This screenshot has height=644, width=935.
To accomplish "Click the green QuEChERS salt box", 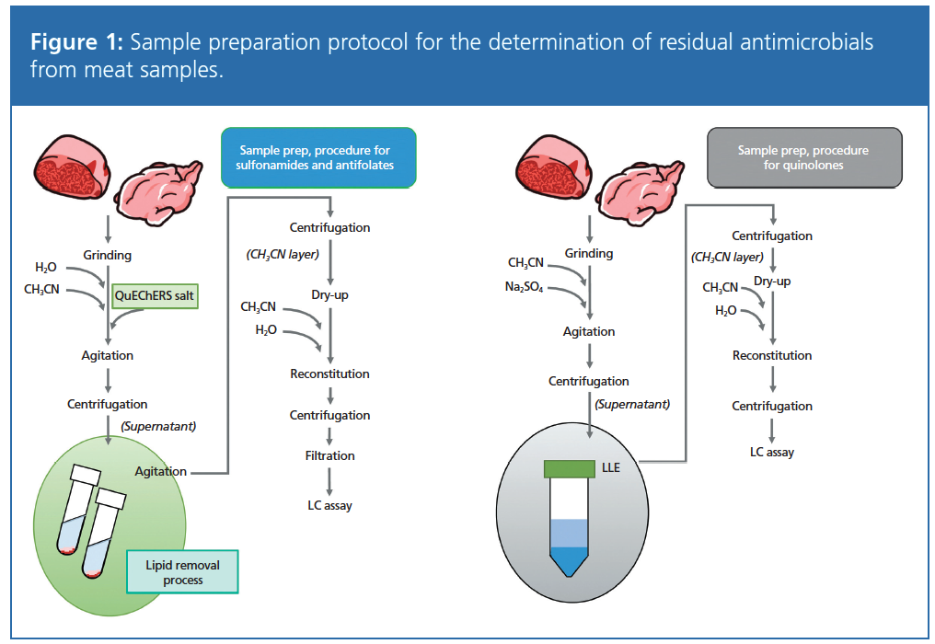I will pyautogui.click(x=153, y=296).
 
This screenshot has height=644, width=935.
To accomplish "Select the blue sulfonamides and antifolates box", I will pyautogui.click(x=318, y=157).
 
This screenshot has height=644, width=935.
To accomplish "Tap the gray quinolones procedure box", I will pyautogui.click(x=802, y=157).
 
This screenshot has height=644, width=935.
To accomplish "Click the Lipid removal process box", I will pyautogui.click(x=181, y=572).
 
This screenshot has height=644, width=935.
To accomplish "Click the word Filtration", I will pyautogui.click(x=330, y=455).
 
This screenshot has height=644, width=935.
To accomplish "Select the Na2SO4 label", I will pyautogui.click(x=525, y=288).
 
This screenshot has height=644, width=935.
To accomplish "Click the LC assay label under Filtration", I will pyautogui.click(x=330, y=505).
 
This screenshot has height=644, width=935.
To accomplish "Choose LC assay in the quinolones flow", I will pyautogui.click(x=772, y=452).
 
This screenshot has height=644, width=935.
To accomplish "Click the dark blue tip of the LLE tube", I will pyautogui.click(x=571, y=560).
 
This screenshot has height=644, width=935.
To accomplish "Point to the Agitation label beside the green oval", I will pyautogui.click(x=161, y=471).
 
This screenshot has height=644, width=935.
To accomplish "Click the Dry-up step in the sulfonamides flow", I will pyautogui.click(x=329, y=296).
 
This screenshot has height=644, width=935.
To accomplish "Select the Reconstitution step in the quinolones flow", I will pyautogui.click(x=772, y=355).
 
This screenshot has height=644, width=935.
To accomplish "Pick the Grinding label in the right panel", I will pyautogui.click(x=589, y=253).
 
